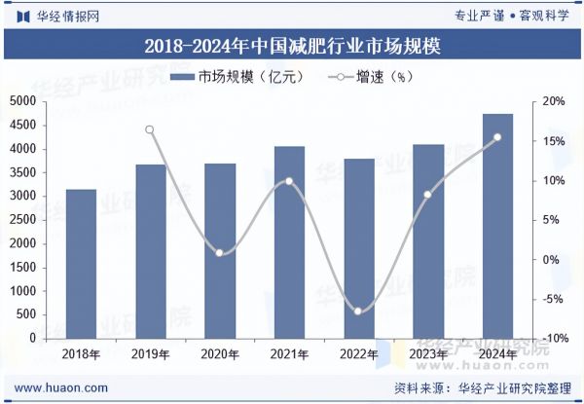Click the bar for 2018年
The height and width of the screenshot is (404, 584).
pos(81,264)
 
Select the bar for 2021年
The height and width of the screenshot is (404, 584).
pos(289,242)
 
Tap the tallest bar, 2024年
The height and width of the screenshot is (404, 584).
pos(497,226)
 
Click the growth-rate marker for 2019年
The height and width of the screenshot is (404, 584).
pos(150,129)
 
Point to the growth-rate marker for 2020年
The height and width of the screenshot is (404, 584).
pos(220,253)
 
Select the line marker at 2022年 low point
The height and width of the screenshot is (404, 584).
pos(358,312)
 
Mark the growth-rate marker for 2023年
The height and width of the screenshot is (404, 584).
pos(427,195)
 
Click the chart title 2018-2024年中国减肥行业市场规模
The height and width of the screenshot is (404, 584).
pos(291,46)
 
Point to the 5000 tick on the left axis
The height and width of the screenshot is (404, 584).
pos(22,101)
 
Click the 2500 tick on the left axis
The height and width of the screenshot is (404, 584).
pos(22,220)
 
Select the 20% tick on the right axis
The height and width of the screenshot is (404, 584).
pos(554,101)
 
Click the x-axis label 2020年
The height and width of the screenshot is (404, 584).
pos(220,354)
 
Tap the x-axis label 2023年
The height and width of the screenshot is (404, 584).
pos(427,354)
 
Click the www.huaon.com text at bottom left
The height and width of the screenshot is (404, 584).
pos(60,387)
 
